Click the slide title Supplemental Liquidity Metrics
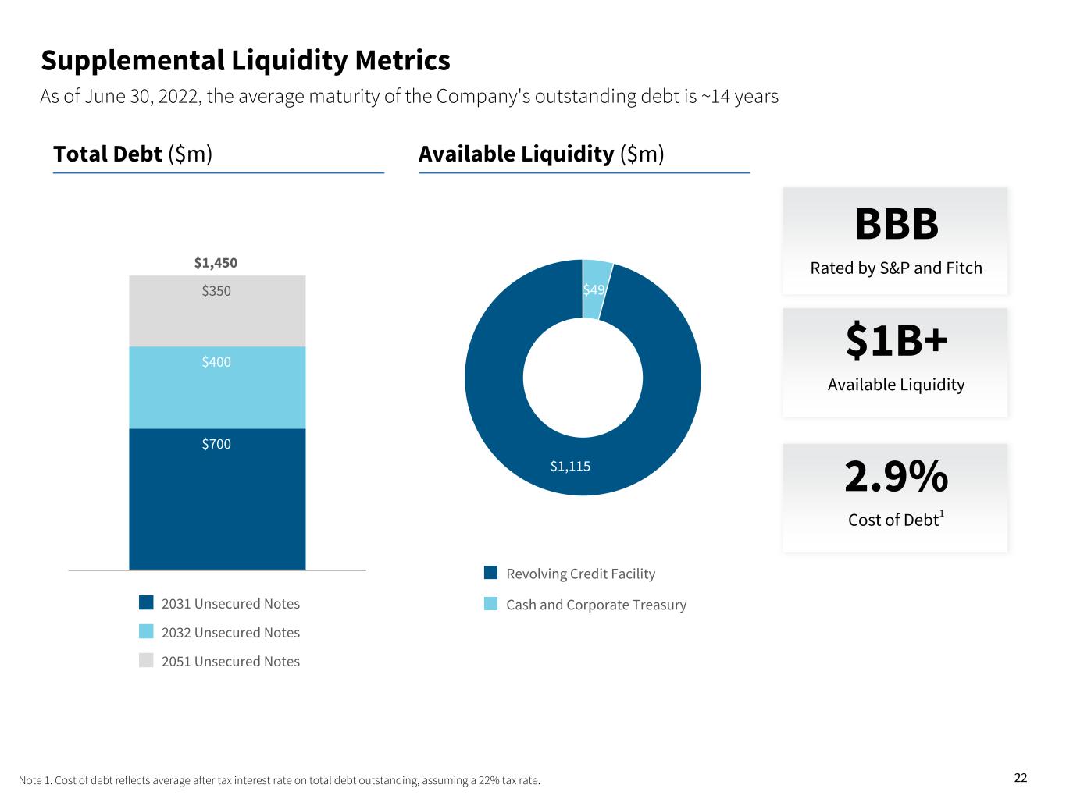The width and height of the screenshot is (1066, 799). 245,60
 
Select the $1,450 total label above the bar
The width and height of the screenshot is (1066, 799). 216,263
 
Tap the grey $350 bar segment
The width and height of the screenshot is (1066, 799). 217,316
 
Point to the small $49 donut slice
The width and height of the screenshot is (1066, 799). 595,289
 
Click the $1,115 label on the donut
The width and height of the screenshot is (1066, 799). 570,467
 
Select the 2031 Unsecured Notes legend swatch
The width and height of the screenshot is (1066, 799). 146,602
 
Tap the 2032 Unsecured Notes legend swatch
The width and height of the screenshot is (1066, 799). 146,631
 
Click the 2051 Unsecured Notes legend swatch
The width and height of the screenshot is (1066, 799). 146,660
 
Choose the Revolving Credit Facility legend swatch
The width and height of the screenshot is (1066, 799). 490,573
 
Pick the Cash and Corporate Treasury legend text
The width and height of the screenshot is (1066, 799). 596,605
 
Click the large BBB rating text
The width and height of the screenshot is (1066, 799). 896,225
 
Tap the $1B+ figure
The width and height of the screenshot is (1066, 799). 896,342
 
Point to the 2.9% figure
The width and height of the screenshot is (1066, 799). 896,477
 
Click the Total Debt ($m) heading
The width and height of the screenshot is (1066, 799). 133,154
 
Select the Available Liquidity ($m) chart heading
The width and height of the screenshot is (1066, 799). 541,154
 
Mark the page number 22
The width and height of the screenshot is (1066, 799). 1021,777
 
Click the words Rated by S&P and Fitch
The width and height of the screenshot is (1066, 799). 896,268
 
